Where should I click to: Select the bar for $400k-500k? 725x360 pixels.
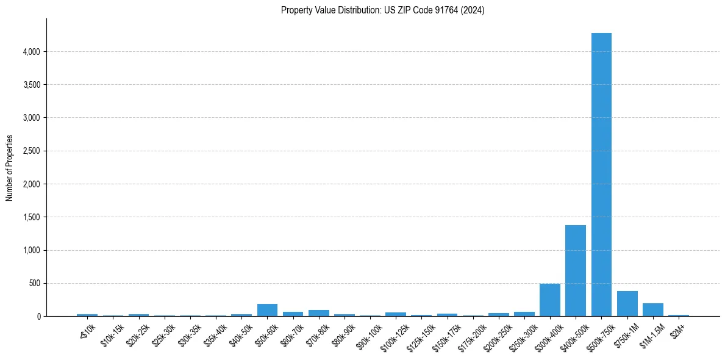[576, 271]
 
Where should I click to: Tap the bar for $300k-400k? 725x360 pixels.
[550, 300]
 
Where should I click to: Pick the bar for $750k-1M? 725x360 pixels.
[627, 304]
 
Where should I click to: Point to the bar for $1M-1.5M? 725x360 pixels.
[653, 310]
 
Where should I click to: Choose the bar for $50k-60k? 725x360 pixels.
[267, 310]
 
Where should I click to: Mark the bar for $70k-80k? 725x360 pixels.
[319, 313]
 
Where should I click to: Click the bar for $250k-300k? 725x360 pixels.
[524, 314]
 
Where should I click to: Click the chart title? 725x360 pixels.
[383, 10]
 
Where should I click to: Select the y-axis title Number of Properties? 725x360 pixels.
[10, 168]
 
